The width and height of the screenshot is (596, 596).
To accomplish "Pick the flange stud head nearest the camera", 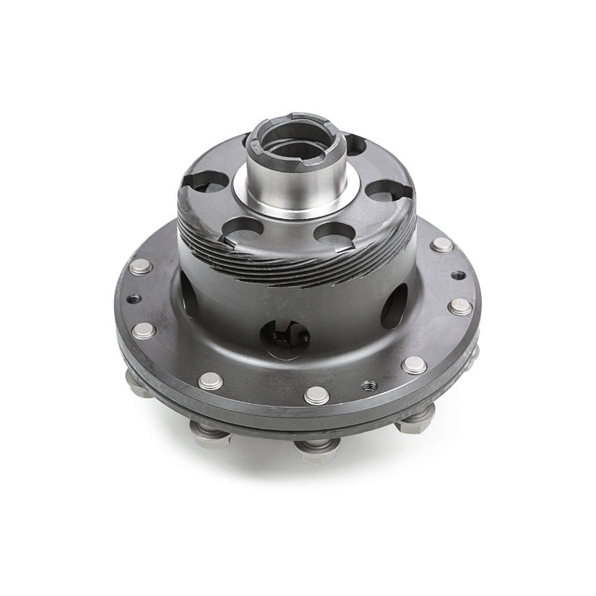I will point(316,394).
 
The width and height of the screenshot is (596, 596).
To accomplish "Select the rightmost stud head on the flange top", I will point(459,306).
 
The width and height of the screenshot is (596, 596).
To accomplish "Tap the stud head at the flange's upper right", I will point(441,245).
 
